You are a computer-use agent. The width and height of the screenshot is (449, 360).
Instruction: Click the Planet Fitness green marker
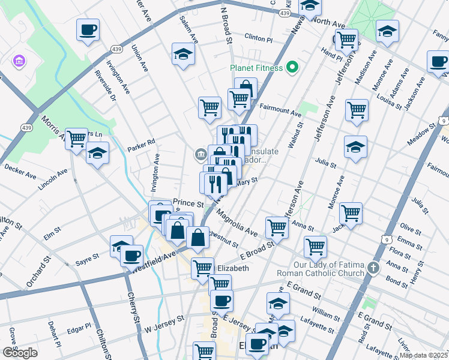[x=292, y=67]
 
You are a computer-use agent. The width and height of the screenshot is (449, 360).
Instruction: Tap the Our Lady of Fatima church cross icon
[x=373, y=267]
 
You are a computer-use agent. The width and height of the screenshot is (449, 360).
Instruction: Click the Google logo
[x=20, y=353]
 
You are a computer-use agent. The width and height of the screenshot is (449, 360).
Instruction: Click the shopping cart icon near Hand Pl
[x=346, y=40]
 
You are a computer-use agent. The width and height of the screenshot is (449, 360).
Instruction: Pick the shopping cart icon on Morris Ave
[x=76, y=139]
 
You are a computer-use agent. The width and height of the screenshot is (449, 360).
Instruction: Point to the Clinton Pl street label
[x=258, y=37]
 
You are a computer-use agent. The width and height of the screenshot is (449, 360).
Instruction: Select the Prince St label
[x=185, y=203]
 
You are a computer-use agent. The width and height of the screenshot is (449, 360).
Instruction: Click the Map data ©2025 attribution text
[x=423, y=355]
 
